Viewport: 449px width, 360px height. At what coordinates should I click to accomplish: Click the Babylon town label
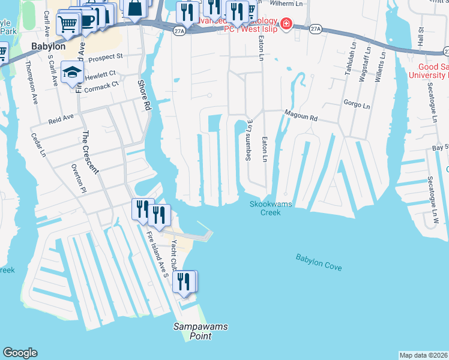[x=48, y=46]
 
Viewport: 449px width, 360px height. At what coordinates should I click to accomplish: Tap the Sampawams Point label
[x=200, y=331]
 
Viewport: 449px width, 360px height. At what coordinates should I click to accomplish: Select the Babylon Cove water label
[x=318, y=261]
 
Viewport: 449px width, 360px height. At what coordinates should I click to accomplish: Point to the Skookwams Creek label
[x=271, y=208]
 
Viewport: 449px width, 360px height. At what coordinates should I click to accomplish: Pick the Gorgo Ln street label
[x=357, y=104]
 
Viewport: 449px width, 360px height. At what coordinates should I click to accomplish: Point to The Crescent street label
[x=89, y=152]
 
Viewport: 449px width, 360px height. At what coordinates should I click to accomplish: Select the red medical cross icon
[x=287, y=25]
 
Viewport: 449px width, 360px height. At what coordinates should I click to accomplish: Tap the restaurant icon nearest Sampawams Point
[x=184, y=281]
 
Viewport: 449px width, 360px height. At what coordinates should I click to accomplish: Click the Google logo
[x=20, y=353]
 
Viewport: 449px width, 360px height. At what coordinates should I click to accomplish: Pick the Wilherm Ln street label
[x=289, y=4]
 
